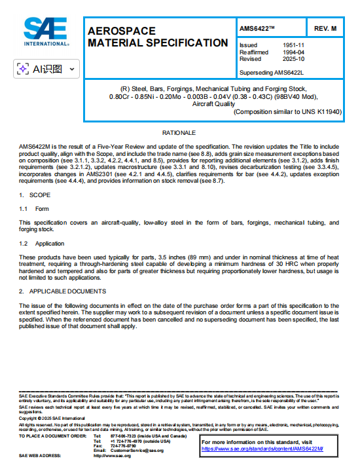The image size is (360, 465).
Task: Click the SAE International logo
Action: coord(46,31)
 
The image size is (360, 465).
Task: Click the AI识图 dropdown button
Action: coord(46,68)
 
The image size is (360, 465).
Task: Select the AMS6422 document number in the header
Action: coord(257,29)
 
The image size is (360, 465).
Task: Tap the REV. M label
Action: coord(325,29)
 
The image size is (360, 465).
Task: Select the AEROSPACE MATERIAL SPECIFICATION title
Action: coord(157,37)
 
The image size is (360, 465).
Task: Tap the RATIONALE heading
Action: coord(179,133)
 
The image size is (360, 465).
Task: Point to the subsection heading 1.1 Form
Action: coord(34,209)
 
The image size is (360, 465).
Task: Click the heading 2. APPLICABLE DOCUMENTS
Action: coord(62,291)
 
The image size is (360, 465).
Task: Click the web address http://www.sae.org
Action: coord(113,456)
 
